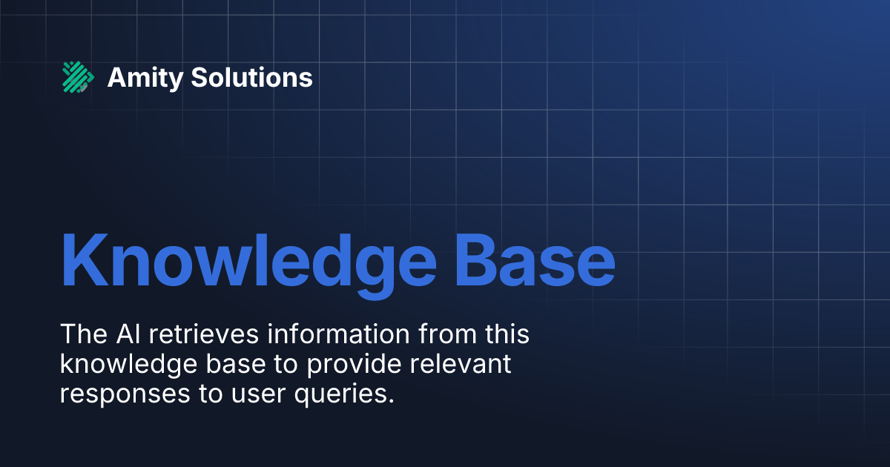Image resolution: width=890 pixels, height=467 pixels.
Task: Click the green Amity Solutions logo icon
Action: click(x=78, y=77)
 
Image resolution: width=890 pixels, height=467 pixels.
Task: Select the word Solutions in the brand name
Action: click(x=251, y=77)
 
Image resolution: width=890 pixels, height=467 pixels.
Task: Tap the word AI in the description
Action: click(x=132, y=334)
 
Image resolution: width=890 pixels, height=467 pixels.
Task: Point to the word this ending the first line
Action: click(x=505, y=334)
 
